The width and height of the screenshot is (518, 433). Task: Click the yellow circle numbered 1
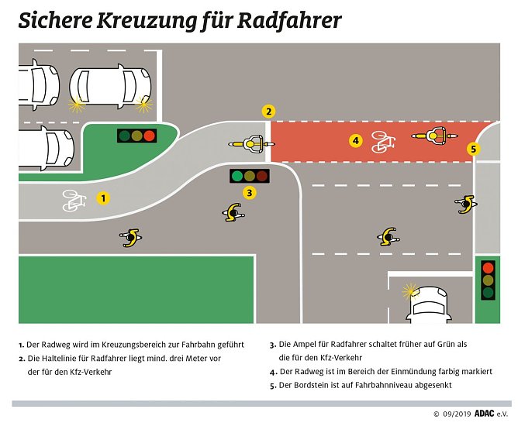[103, 198]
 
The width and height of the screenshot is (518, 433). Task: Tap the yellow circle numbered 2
[268, 111]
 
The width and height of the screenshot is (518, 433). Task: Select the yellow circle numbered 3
[249, 193]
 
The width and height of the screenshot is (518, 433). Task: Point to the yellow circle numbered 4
[355, 141]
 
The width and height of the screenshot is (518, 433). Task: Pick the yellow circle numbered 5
[474, 149]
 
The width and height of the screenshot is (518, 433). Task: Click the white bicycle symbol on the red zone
[382, 142]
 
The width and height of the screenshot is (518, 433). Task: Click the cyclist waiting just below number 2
[251, 143]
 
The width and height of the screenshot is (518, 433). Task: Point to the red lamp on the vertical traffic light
[488, 267]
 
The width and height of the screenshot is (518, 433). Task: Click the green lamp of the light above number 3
[236, 175]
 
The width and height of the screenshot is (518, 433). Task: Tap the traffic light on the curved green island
[136, 136]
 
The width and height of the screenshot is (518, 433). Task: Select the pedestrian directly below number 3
[233, 211]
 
